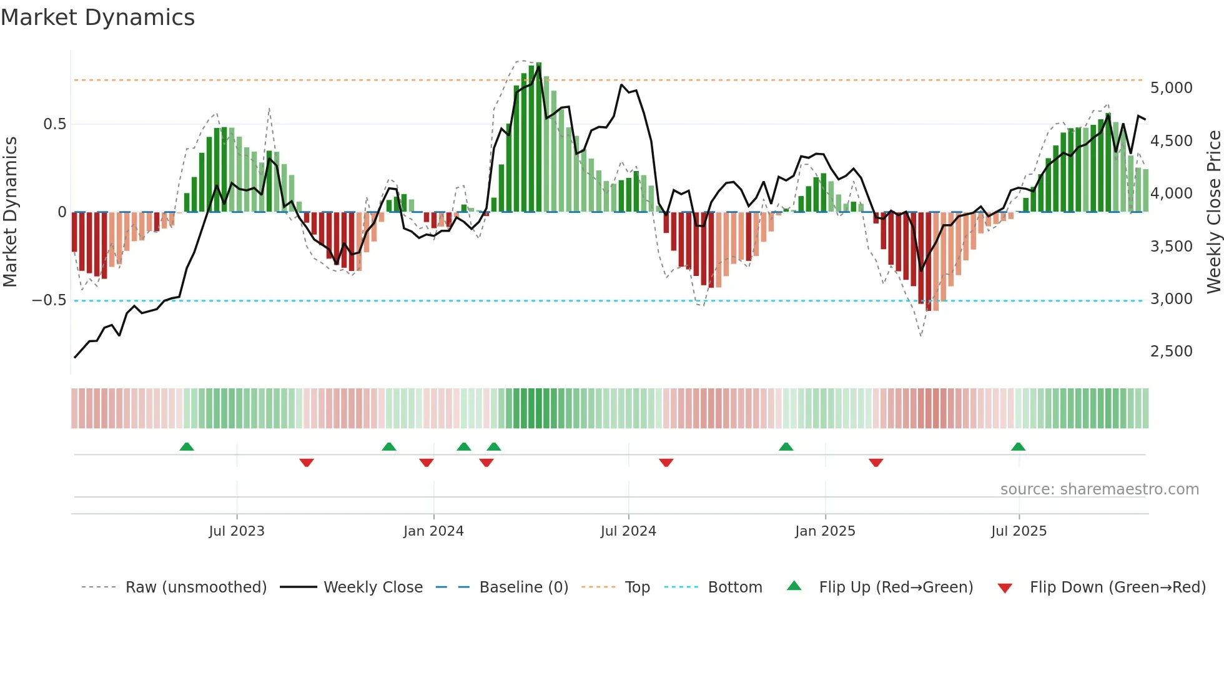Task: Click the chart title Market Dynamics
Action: [x=97, y=17]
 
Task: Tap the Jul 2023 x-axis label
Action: [x=237, y=531]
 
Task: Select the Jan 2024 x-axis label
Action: [x=433, y=531]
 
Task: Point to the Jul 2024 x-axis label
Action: [x=628, y=531]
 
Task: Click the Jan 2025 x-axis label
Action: [x=825, y=531]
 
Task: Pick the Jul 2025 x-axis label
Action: [x=1019, y=531]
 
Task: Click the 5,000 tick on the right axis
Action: [x=1171, y=88]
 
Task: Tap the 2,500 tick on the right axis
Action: [x=1171, y=351]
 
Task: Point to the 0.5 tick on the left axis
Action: [x=54, y=124]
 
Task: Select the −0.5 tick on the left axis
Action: [x=49, y=300]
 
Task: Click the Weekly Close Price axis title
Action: [x=1213, y=212]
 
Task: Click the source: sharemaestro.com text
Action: [x=1099, y=489]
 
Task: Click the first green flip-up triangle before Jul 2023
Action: [x=187, y=446]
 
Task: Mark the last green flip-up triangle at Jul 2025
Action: [x=1018, y=446]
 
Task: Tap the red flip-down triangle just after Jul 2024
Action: [x=666, y=463]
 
